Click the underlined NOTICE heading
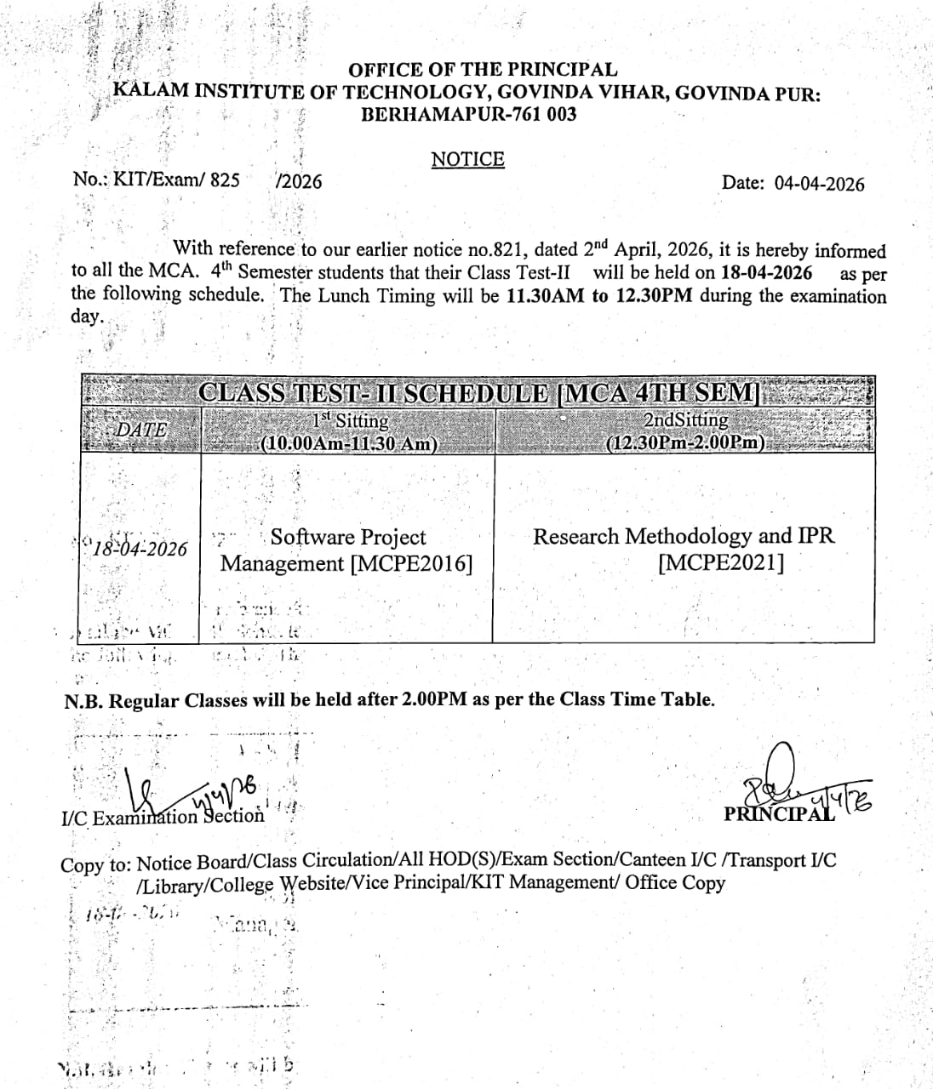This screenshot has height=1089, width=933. [467, 159]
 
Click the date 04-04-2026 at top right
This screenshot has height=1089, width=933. [818, 184]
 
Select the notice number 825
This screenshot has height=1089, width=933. [224, 180]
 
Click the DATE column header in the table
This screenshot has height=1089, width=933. [141, 430]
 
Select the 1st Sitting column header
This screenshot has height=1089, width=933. [349, 420]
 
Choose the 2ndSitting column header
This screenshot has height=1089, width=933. [685, 419]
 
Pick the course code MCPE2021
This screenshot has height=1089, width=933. [721, 562]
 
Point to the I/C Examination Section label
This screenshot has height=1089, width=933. [163, 818]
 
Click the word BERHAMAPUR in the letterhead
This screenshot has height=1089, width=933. [417, 114]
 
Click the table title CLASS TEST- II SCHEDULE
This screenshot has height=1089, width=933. [374, 392]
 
